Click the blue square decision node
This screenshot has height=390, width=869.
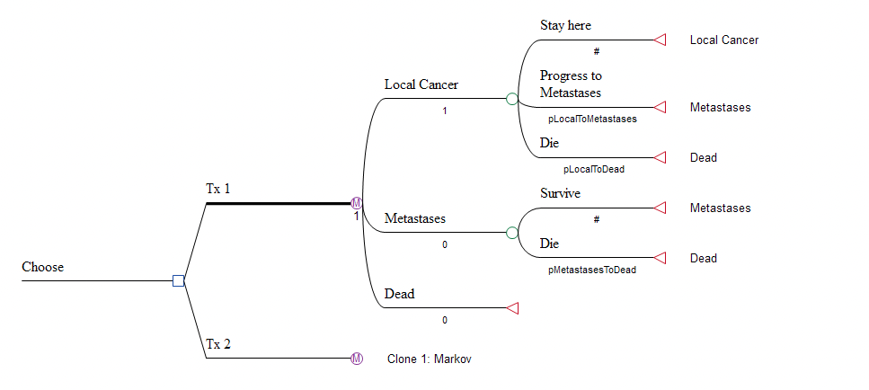(x=178, y=281)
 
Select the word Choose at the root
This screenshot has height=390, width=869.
(x=42, y=267)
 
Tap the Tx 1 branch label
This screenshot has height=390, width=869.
(x=217, y=190)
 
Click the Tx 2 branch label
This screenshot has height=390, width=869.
(x=217, y=344)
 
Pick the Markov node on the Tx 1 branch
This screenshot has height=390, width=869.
(x=357, y=203)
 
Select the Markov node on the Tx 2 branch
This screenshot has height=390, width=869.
(x=357, y=359)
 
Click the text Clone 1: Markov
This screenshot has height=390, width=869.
(x=429, y=359)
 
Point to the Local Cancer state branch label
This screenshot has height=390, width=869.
(x=421, y=85)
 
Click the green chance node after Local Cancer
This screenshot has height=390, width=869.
(x=512, y=99)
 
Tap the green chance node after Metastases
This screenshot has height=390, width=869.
(x=512, y=233)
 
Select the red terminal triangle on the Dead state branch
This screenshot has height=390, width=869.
(x=512, y=308)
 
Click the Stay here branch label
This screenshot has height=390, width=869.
(x=565, y=25)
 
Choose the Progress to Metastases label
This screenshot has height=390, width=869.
(x=571, y=84)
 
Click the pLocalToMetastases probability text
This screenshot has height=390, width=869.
(x=592, y=119)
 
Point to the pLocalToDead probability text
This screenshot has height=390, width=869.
(x=593, y=169)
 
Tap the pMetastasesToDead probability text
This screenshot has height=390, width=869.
(x=592, y=270)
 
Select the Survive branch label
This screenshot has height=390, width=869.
(x=560, y=193)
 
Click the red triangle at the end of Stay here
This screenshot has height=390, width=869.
(x=659, y=40)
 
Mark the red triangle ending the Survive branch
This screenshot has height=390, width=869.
(x=659, y=208)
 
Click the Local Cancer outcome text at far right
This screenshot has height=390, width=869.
(x=723, y=40)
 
